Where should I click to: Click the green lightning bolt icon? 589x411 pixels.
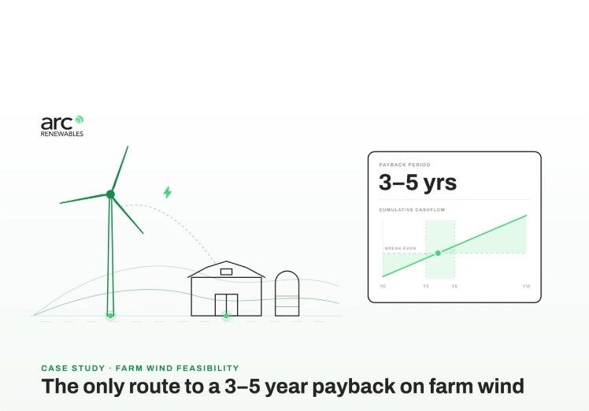pos(168,192)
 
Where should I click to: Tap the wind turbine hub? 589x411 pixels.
pos(110,194)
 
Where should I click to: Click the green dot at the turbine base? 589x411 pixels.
pos(110,316)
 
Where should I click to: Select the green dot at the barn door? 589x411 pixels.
pos(226,316)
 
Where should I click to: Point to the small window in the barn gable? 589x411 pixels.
pos(226,272)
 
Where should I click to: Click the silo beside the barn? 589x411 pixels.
pos(287,294)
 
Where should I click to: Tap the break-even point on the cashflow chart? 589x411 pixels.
pos(438,254)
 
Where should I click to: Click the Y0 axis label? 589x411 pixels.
pos(383,287)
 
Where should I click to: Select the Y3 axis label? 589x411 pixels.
pos(425,287)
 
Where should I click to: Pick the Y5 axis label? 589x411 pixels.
pos(454,287)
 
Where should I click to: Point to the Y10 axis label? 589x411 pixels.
pos(526,287)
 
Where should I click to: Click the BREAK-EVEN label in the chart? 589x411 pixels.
pos(401,248)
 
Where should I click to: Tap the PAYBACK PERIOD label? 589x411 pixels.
pos(405,165)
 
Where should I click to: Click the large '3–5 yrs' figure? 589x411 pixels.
pos(417,182)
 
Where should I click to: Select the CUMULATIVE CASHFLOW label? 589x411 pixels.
pos(412,209)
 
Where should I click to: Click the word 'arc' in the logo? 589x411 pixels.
pos(57,123)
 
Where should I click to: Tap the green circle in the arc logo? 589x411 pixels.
pos(79,120)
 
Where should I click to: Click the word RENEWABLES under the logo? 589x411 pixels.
pos(62,134)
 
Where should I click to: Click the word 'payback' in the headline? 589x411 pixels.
pos(354,387)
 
